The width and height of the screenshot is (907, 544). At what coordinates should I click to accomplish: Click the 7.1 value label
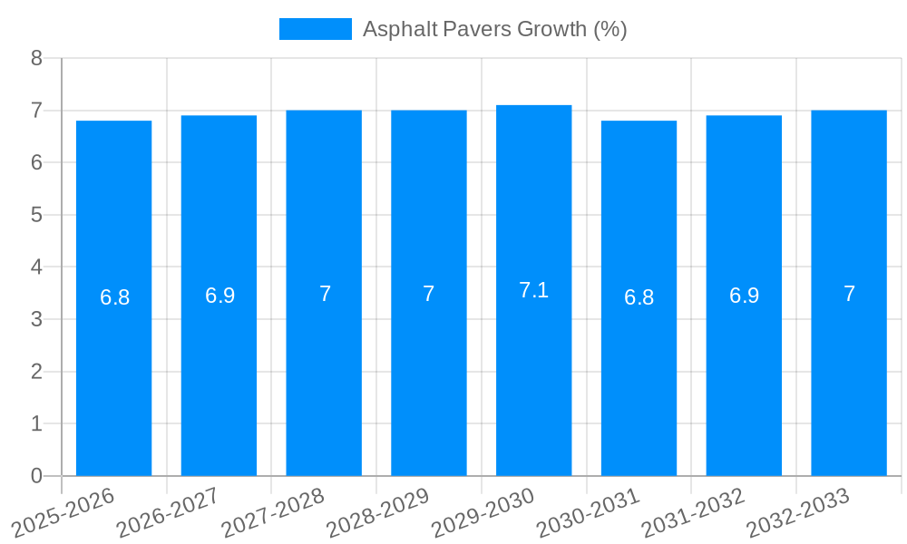533,290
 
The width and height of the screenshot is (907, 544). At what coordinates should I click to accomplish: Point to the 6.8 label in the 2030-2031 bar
639,297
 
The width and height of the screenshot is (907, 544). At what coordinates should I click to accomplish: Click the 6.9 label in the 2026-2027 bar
219,296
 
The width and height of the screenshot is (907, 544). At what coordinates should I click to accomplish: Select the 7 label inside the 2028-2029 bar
428,294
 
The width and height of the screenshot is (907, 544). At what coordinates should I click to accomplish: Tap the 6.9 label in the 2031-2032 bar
744,296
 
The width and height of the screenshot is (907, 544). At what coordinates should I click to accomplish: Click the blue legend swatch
315,29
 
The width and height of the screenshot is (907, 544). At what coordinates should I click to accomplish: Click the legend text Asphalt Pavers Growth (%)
494,29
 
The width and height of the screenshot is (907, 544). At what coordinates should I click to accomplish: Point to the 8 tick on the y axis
36,58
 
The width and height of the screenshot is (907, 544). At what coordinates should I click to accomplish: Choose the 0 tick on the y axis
36,476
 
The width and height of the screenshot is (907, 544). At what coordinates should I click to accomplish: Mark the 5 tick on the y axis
36,215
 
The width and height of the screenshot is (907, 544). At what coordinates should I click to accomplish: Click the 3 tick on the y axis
36,319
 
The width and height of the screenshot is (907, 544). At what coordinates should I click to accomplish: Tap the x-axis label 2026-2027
168,511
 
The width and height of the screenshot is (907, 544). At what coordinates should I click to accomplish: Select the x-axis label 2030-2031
588,511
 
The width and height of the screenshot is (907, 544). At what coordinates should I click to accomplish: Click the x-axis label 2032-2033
798,511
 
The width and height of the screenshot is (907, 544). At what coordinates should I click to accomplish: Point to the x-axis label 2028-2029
377,511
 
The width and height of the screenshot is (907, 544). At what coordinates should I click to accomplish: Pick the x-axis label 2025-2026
63,511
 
